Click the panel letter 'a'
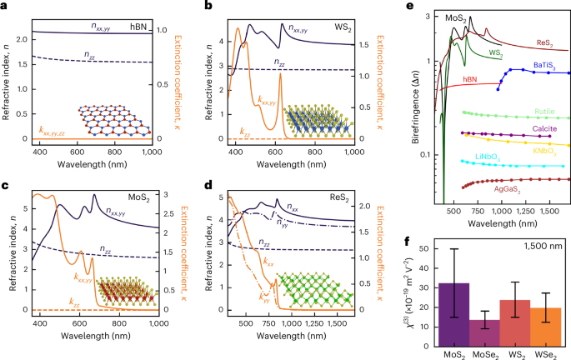5,7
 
